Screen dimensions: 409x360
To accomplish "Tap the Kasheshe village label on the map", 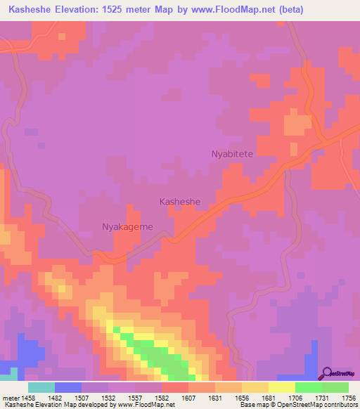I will tap(180, 202).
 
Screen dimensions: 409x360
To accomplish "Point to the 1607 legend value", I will tap(188, 398).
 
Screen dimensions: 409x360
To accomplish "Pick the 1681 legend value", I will tap(268, 398).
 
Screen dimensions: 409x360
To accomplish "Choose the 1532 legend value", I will tap(109, 398).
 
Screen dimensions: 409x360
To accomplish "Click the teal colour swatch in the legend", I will tap(41, 387).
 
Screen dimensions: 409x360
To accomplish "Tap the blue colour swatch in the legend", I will tap(67, 387).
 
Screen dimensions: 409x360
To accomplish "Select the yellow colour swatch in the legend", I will tap(281, 387).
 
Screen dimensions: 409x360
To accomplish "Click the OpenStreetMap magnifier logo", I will tap(327, 373).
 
